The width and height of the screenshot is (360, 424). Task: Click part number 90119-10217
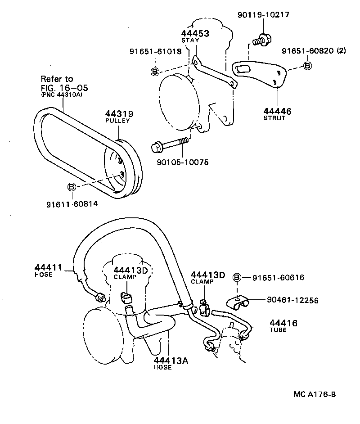[263, 15]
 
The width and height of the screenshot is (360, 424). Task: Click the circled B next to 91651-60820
[308, 66]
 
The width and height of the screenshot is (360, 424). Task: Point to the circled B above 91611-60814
[72, 186]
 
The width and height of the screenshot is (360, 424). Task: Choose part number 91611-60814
[72, 204]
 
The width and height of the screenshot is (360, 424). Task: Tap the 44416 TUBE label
[283, 325]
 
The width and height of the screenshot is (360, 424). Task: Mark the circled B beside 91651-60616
[238, 278]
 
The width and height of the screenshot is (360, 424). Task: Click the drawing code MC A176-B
[315, 395]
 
